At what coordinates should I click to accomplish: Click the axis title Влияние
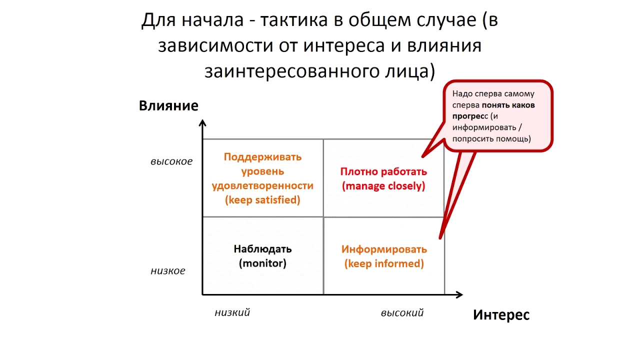pyautogui.click(x=168, y=106)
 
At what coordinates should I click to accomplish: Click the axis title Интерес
pyautogui.click(x=501, y=315)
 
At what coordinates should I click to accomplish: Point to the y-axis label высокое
pyautogui.click(x=171, y=162)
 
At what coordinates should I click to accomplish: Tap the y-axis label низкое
pyautogui.click(x=168, y=271)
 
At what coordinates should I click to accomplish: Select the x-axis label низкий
pyautogui.click(x=232, y=313)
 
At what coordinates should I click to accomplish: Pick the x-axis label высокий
pyautogui.click(x=402, y=313)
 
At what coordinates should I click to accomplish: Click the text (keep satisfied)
pyautogui.click(x=262, y=200)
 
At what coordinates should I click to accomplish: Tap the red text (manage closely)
pyautogui.click(x=383, y=186)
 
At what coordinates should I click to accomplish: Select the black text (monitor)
pyautogui.click(x=262, y=263)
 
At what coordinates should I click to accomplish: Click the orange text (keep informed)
pyautogui.click(x=384, y=263)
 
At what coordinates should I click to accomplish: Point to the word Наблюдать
pyautogui.click(x=262, y=248)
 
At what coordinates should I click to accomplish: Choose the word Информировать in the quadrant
pyautogui.click(x=384, y=249)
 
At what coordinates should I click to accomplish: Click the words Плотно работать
pyautogui.click(x=383, y=171)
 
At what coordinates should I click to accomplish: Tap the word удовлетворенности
pyautogui.click(x=262, y=185)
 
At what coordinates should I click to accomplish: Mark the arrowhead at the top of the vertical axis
pyautogui.click(x=202, y=123)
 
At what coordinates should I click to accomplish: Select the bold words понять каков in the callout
pyautogui.click(x=508, y=105)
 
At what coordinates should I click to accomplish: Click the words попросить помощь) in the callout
pyautogui.click(x=491, y=138)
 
